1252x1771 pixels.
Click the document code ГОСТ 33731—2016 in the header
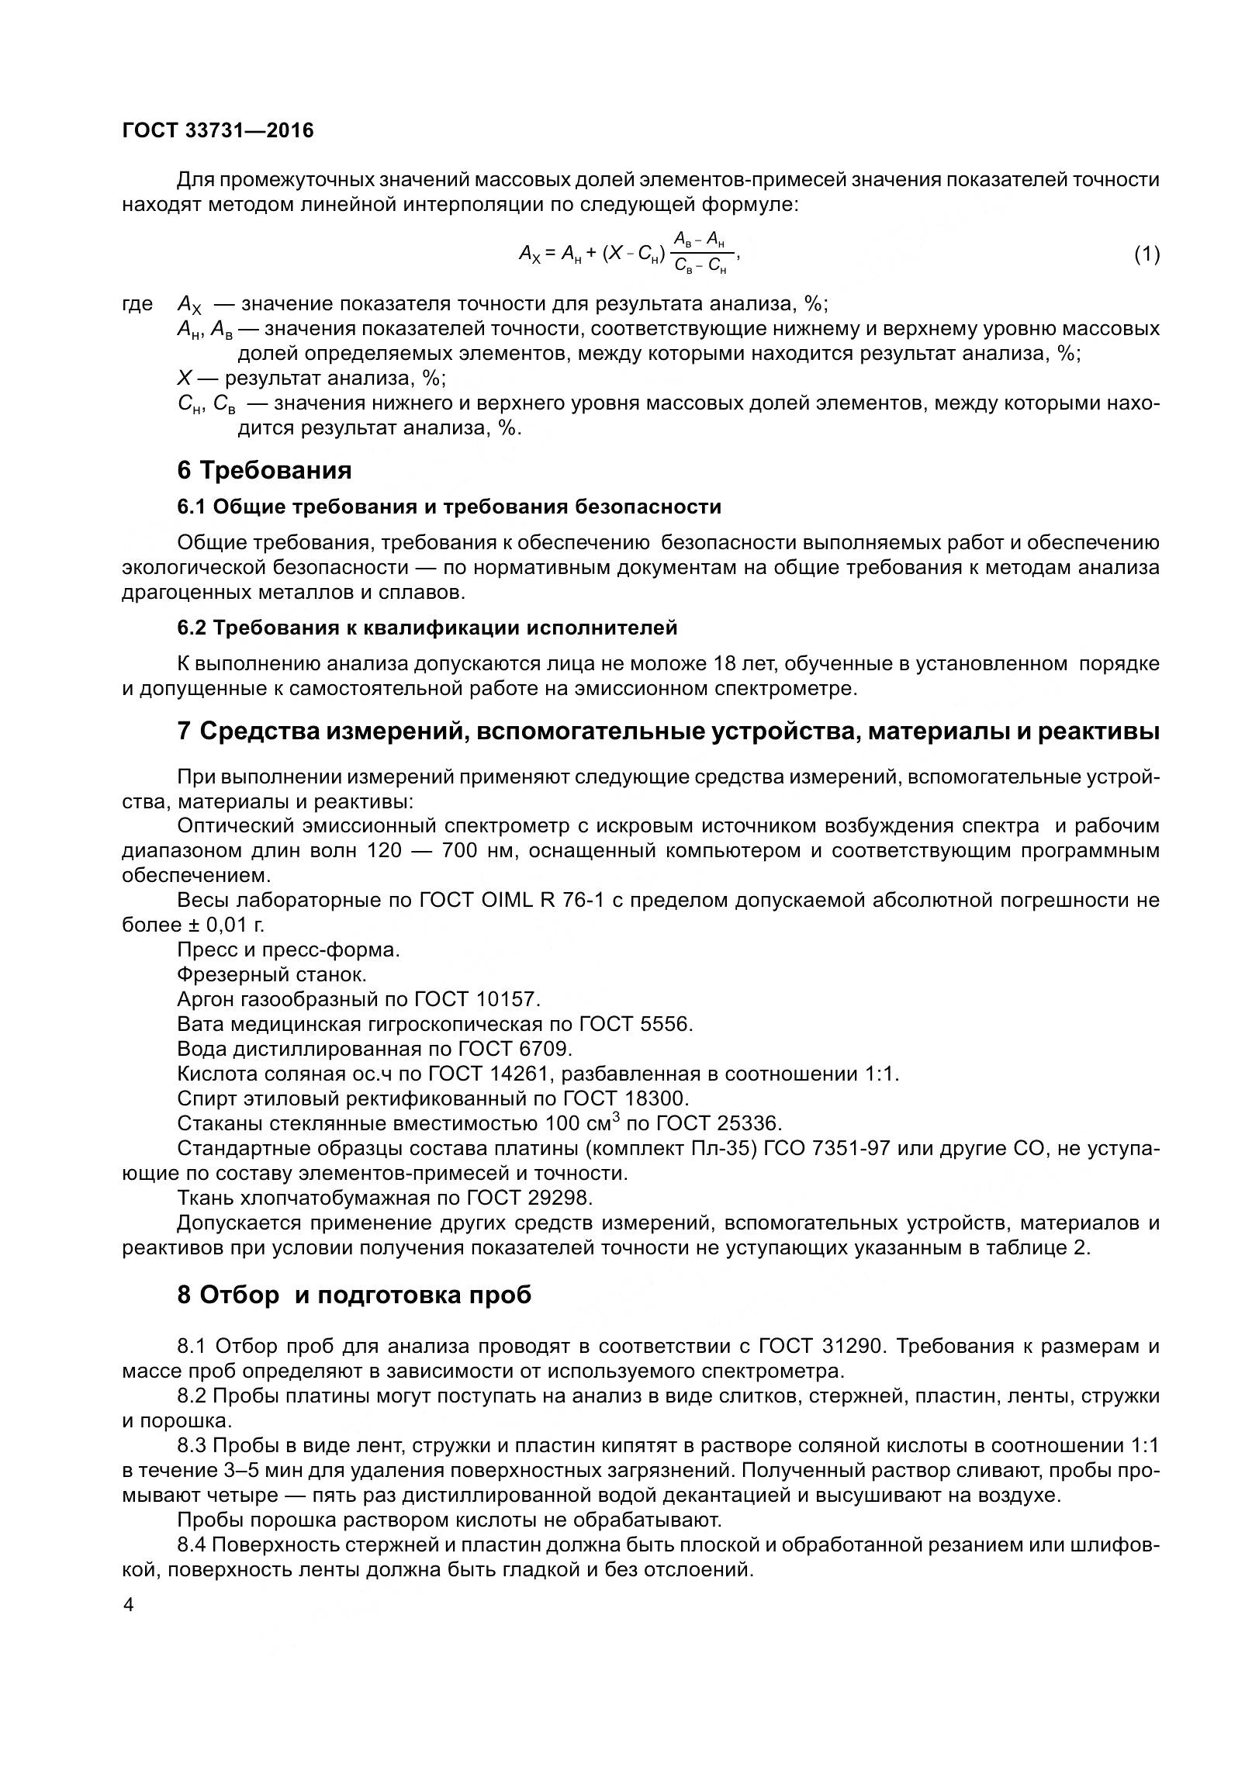coord(218,131)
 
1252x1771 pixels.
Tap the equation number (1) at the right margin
coord(1147,254)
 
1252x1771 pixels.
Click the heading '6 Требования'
coord(265,470)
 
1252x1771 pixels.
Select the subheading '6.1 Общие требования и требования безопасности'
coord(449,507)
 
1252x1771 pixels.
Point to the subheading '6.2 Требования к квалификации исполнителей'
coord(427,628)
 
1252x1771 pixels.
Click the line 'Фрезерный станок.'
coord(271,974)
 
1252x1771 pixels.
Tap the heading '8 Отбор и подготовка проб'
coord(355,1295)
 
